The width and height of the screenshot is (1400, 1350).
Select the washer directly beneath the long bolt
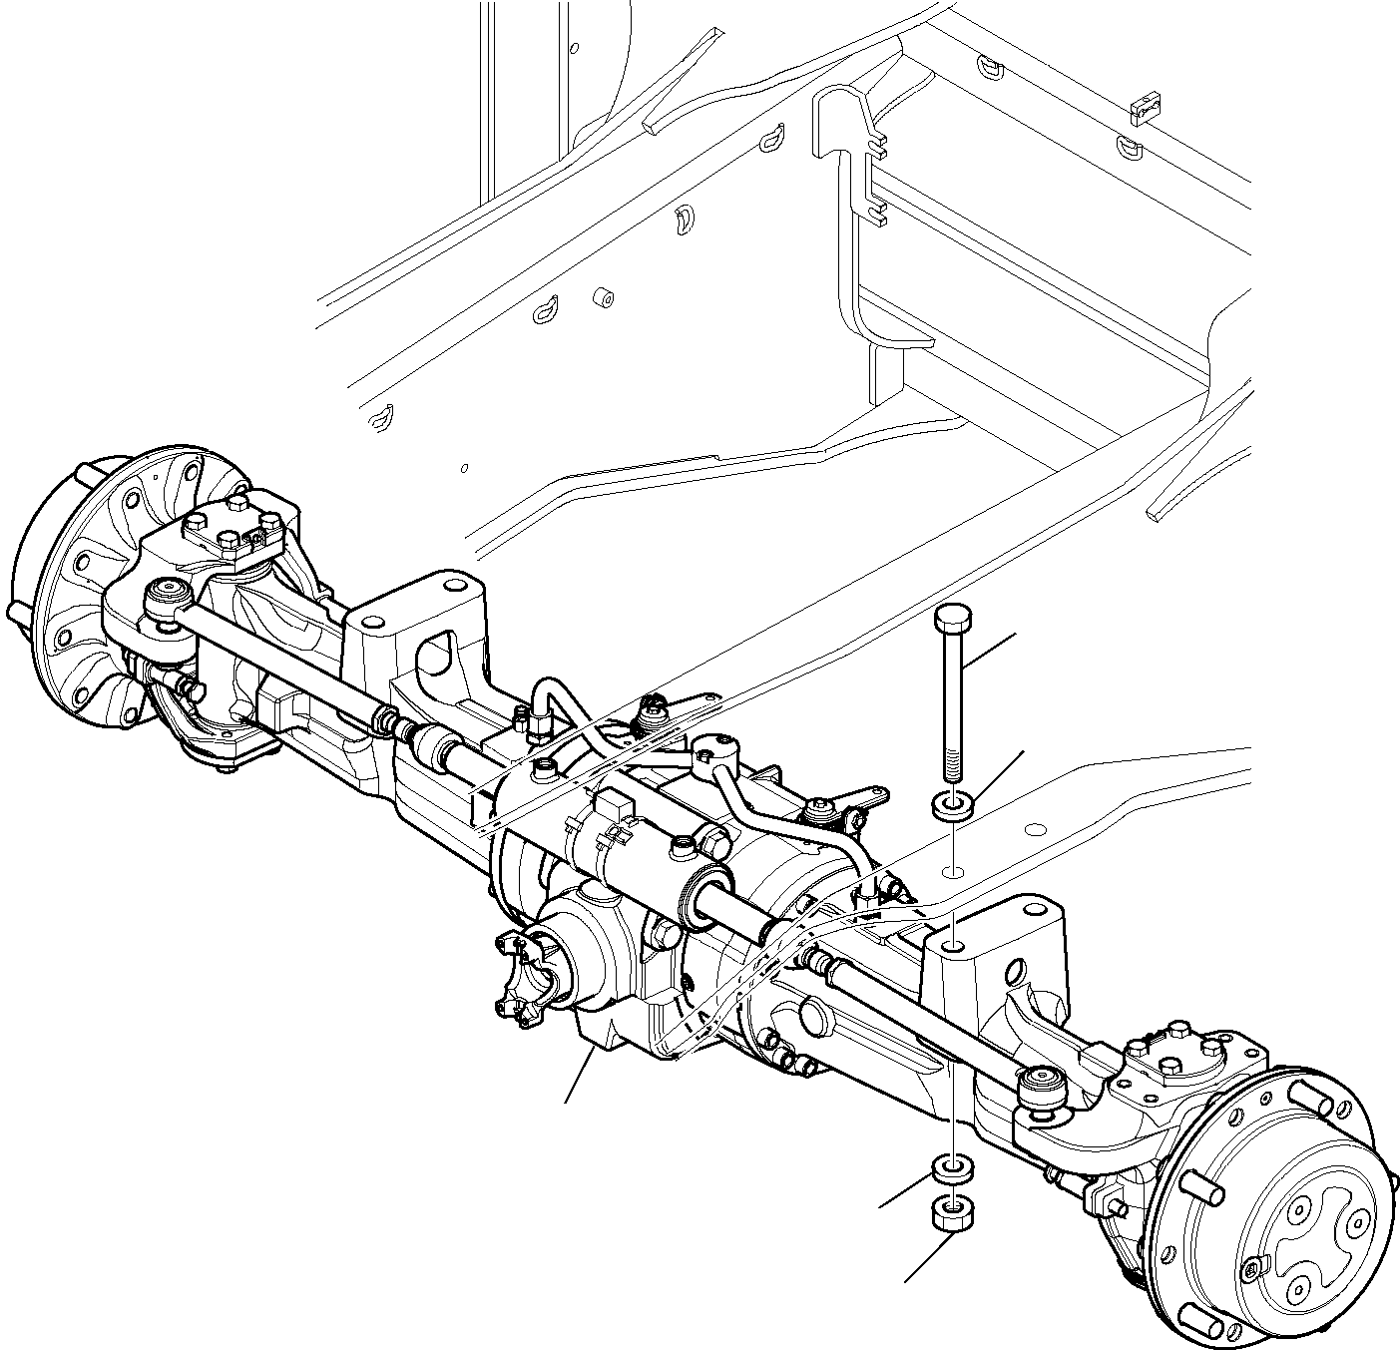point(953,804)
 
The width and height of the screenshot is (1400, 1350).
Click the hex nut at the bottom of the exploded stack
point(953,1214)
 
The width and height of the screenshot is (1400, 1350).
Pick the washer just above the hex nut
point(953,1170)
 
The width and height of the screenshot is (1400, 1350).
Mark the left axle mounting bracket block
point(419,629)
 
